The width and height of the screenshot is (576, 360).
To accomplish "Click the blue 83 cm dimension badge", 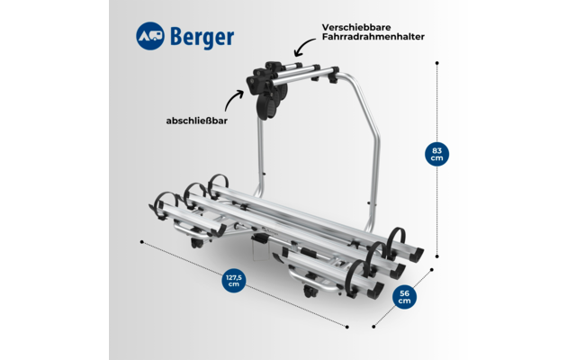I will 437,153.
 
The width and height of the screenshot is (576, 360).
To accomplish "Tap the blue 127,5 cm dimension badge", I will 234,281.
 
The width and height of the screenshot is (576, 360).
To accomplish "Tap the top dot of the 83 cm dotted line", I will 436,63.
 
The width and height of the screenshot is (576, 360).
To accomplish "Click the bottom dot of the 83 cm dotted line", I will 437,255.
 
